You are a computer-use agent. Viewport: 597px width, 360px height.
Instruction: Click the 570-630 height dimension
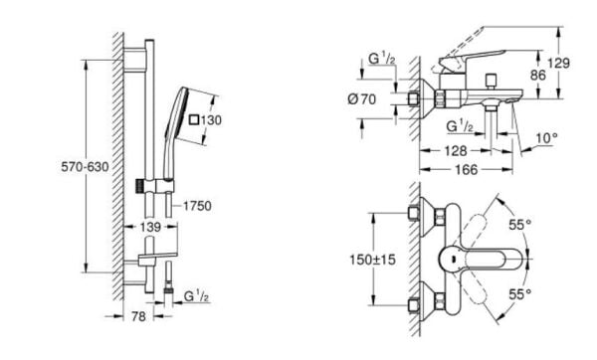click(x=85, y=167)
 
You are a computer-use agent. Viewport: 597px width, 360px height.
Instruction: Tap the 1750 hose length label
click(x=197, y=206)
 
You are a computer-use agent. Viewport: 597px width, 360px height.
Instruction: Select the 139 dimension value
click(x=150, y=227)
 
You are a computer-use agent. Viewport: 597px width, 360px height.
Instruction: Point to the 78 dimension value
click(x=138, y=316)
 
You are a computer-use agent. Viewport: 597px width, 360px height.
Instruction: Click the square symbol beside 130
click(x=194, y=120)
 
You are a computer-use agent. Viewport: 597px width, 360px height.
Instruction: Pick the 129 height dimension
click(x=558, y=63)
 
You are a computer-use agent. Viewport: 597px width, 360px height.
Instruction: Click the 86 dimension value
click(x=538, y=75)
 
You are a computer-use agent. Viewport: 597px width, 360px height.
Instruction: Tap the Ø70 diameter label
click(x=362, y=99)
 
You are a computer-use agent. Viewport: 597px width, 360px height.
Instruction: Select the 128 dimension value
click(x=456, y=151)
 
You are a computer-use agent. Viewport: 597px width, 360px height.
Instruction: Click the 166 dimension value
click(x=466, y=170)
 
